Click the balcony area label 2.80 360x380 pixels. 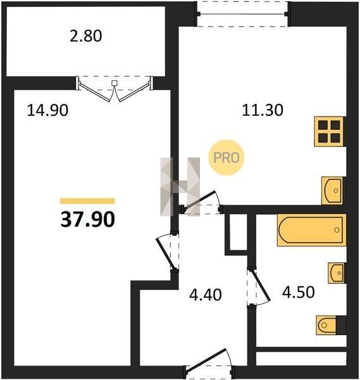tap(86, 36)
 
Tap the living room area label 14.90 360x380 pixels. tap(47, 110)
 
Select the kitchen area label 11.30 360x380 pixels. tap(263, 110)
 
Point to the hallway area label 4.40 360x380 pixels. tap(206, 295)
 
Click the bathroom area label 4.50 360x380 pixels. tap(299, 292)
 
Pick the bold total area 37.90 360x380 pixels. tap(88, 219)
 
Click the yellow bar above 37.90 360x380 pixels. tap(87, 201)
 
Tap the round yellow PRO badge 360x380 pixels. tap(227, 158)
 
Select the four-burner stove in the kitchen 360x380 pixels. tap(329, 132)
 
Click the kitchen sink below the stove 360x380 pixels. tap(333, 191)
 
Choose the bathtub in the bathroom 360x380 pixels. tap(311, 230)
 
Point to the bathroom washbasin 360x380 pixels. tap(337, 273)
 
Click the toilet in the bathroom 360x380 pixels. tap(331, 326)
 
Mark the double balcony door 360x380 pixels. tap(115, 89)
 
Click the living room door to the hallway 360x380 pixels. tap(168, 252)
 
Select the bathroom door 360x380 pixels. tap(258, 288)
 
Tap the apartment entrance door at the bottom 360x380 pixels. tap(209, 364)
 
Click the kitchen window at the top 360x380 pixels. tap(243, 14)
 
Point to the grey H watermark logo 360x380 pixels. tap(180, 187)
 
